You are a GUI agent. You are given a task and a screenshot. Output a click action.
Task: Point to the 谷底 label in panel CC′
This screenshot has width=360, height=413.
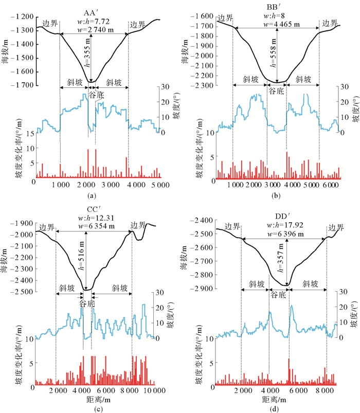(87, 303)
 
